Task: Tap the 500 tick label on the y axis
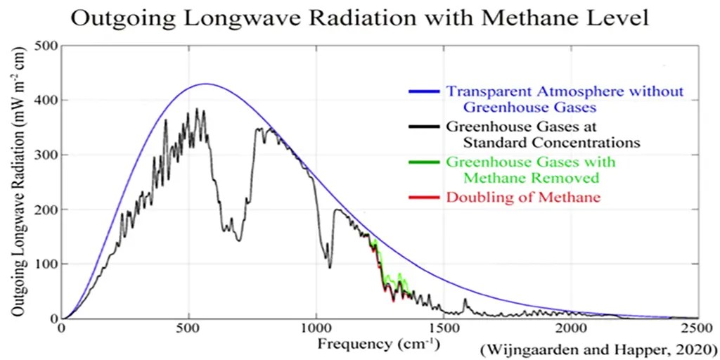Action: coord(47,46)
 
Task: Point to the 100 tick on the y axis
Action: coord(47,264)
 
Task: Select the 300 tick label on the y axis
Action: coord(47,155)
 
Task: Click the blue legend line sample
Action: coord(424,92)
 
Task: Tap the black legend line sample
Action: coord(424,127)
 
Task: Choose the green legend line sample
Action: coord(424,162)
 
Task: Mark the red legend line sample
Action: coord(424,198)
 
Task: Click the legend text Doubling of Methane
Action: coord(523,198)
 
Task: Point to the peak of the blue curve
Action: coord(205,84)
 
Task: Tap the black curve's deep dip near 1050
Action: coord(330,266)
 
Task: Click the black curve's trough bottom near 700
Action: coord(239,240)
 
